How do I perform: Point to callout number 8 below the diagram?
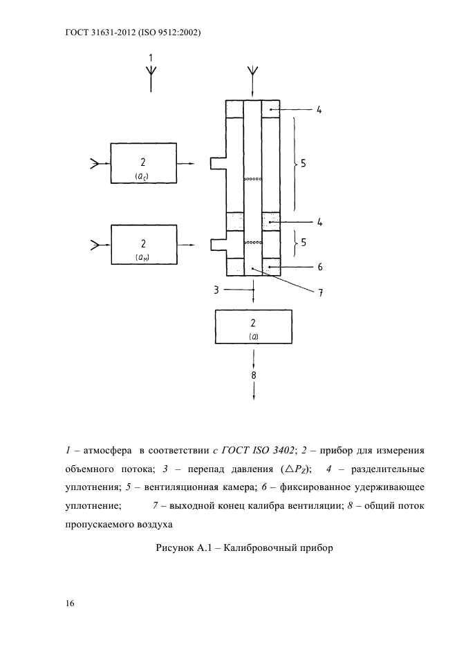coord(254,375)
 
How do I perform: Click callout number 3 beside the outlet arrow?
coord(216,290)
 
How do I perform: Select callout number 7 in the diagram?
coord(320,292)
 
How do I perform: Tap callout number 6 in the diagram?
coord(320,266)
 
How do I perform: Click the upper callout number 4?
coord(319,110)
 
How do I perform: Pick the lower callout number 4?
coord(319,223)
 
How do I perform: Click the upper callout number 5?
coord(304,165)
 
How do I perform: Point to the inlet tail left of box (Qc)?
coord(94,164)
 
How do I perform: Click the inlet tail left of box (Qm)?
coord(94,244)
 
